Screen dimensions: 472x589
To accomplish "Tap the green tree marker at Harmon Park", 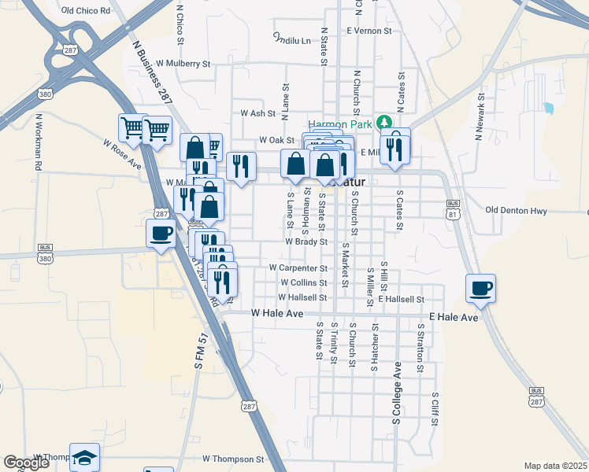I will coord(383,122).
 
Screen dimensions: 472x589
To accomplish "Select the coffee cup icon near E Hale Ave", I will coord(480,288).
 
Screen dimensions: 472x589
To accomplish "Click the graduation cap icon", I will coord(85,457).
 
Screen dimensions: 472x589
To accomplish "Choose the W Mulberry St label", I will coord(183,63).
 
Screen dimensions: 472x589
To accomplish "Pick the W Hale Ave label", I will coord(277,313).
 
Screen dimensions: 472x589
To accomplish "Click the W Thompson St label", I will coord(232,459).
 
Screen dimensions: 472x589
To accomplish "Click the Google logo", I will coord(27,462).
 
